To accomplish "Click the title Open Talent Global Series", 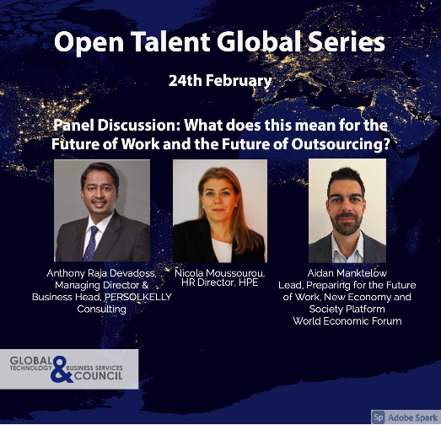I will click(220, 40).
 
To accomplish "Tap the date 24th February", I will click(219, 82).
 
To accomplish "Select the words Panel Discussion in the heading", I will click(113, 124).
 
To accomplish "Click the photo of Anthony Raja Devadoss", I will click(102, 210).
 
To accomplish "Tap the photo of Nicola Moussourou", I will click(220, 210).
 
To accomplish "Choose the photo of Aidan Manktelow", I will click(347, 210).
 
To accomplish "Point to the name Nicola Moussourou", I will click(220, 274).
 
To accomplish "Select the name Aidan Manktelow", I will click(347, 274).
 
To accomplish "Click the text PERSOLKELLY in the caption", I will click(137, 298).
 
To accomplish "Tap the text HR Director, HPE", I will click(220, 285).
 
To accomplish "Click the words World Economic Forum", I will click(347, 321).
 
